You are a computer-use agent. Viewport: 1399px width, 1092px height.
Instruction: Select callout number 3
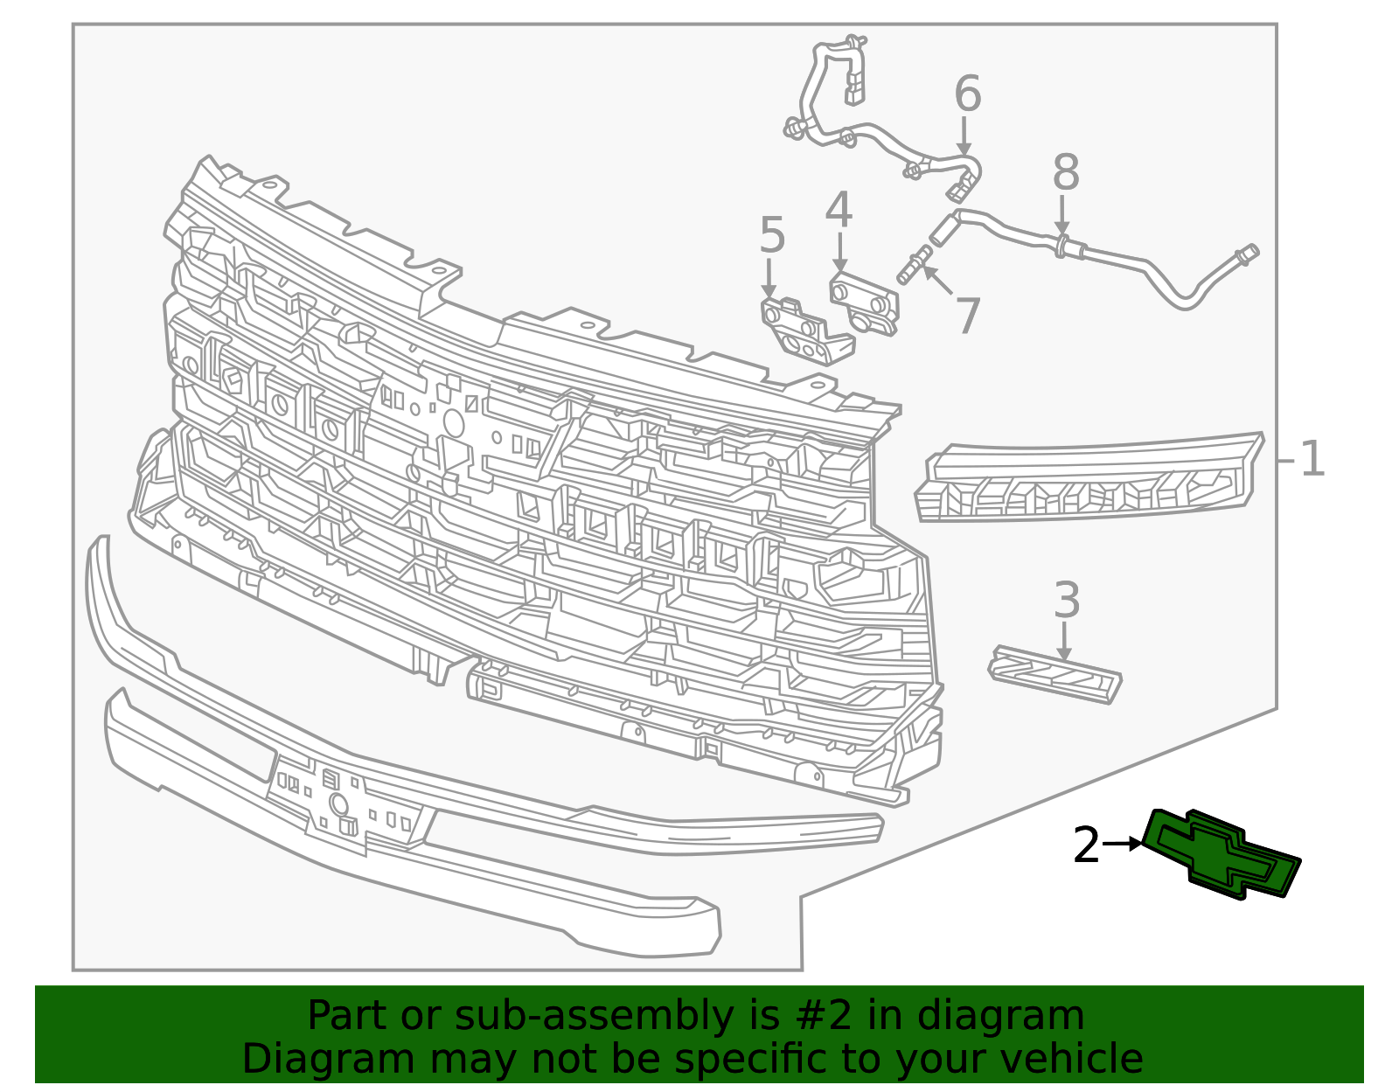click(x=1066, y=600)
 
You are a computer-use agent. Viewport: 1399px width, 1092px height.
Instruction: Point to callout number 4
click(x=839, y=209)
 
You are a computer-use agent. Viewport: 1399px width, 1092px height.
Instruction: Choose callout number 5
click(x=773, y=234)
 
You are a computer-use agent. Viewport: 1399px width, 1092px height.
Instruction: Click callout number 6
click(x=968, y=93)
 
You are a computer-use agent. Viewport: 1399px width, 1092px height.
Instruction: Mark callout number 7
click(x=968, y=316)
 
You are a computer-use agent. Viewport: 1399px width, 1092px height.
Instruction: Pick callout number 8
click(x=1066, y=171)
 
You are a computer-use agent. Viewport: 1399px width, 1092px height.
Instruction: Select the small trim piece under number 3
click(x=1055, y=674)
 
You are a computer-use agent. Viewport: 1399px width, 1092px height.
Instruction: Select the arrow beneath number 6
click(x=964, y=136)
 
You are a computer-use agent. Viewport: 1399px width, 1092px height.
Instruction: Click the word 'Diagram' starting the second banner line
click(x=328, y=1059)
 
